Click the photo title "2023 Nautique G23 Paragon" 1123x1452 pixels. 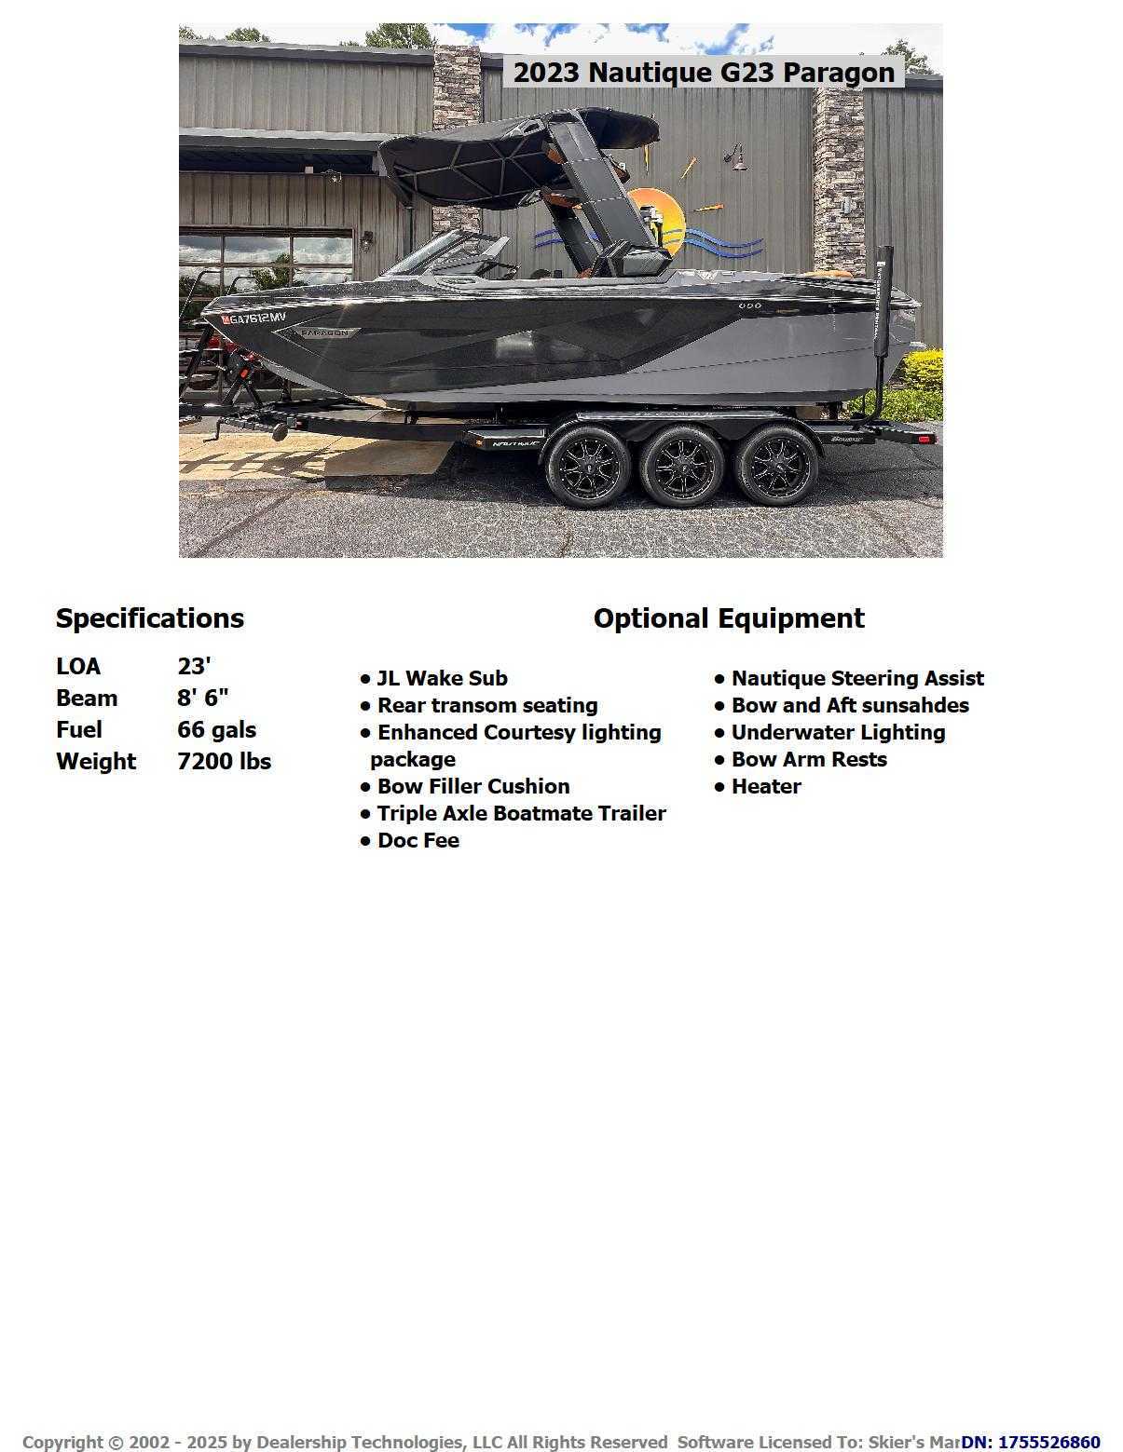704,73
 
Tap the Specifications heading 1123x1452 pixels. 150,618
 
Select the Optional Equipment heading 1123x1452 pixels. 729,618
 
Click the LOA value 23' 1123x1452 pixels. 194,667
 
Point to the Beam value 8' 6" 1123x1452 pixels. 203,699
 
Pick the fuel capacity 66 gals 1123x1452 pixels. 216,730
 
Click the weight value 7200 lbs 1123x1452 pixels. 224,762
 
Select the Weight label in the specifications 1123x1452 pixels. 96,762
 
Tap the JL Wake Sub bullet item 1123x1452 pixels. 442,679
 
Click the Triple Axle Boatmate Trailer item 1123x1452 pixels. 521,814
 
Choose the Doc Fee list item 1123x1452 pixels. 418,841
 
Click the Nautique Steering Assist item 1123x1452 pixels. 856,679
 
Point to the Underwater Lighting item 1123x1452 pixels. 838,733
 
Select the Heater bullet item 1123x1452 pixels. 765,787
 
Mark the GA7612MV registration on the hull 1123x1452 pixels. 253,319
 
